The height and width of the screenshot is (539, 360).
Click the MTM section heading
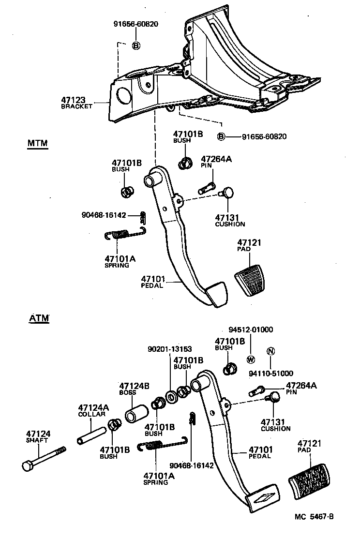(37, 144)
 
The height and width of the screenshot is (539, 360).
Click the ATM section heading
(39, 318)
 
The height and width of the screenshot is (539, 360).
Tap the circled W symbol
(251, 359)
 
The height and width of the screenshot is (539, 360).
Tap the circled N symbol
(270, 351)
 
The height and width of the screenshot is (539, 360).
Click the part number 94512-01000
(251, 330)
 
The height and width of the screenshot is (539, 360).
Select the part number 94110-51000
(271, 373)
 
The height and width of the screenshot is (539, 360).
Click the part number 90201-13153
(170, 349)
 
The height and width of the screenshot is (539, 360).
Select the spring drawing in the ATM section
(162, 444)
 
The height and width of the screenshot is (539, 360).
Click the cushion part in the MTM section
(226, 194)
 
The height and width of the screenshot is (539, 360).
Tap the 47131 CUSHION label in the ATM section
(275, 425)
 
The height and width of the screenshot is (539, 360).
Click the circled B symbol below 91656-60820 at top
(136, 45)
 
